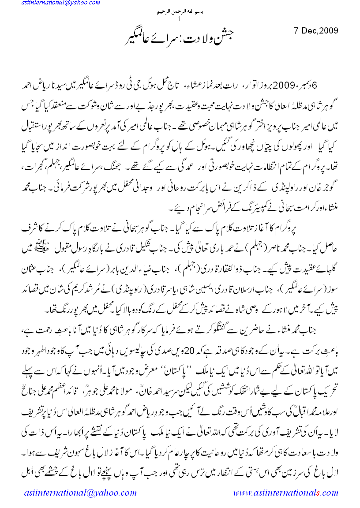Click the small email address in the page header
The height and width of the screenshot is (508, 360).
48,4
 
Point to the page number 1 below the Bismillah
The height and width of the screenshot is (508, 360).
179,19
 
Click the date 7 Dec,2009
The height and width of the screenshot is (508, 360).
316,31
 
